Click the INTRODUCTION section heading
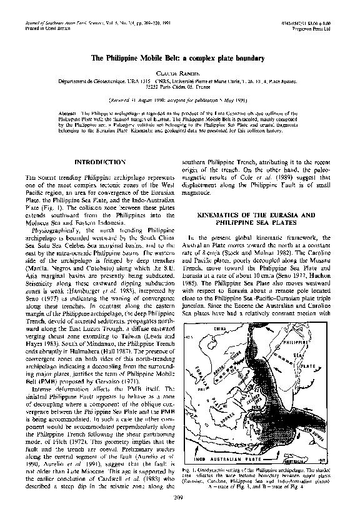tap(100, 162)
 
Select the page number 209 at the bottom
tap(179, 513)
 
